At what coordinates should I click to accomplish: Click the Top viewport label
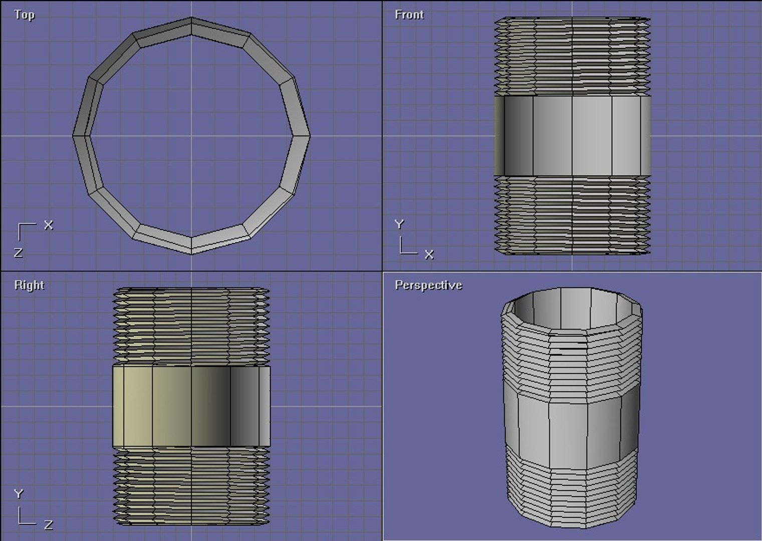24,15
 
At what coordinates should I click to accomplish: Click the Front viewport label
409,15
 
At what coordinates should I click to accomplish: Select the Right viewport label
29,285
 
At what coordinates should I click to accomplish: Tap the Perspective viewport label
428,285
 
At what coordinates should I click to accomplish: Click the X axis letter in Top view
48,225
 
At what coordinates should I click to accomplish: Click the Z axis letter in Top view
18,252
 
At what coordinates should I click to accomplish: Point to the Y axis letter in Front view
399,224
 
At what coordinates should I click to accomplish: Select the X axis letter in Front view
429,254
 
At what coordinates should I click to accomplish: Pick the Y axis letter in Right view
18,494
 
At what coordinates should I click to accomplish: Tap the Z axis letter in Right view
48,525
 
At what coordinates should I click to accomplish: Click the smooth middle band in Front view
572,136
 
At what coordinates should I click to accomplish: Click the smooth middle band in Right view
191,406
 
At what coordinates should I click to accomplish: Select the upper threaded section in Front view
572,57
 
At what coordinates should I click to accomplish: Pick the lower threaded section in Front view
572,215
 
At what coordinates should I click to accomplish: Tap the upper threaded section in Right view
191,326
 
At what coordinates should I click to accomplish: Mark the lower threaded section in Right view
191,486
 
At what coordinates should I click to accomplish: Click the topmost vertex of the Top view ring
191,18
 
